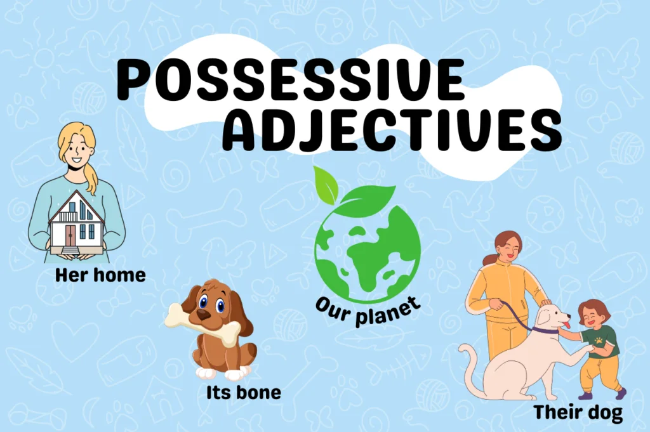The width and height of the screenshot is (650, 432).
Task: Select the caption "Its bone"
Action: coord(243,393)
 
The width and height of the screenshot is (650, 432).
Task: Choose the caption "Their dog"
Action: coord(578,412)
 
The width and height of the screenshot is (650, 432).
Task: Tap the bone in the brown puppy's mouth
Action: coord(203,320)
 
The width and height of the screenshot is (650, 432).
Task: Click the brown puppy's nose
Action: coord(202,313)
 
